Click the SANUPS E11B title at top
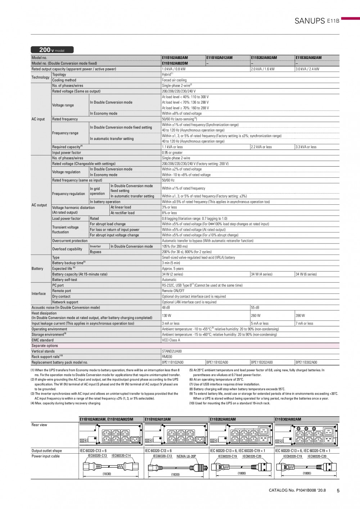(317, 21)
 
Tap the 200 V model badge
(52, 50)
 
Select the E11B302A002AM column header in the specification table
(309, 58)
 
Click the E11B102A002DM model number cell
(175, 63)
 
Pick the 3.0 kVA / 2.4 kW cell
(307, 69)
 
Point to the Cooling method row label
(64, 80)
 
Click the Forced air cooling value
(174, 80)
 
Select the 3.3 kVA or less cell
(306, 147)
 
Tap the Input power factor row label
(67, 153)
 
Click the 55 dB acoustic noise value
(255, 308)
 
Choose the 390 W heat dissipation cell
(300, 315)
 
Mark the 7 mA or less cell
(304, 323)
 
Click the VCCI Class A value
(171, 340)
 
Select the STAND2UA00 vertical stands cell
(172, 351)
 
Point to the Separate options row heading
(45, 346)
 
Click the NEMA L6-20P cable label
(186, 456)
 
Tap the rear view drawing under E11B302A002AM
(307, 435)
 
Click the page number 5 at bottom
(338, 490)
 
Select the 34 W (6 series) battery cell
(306, 274)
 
